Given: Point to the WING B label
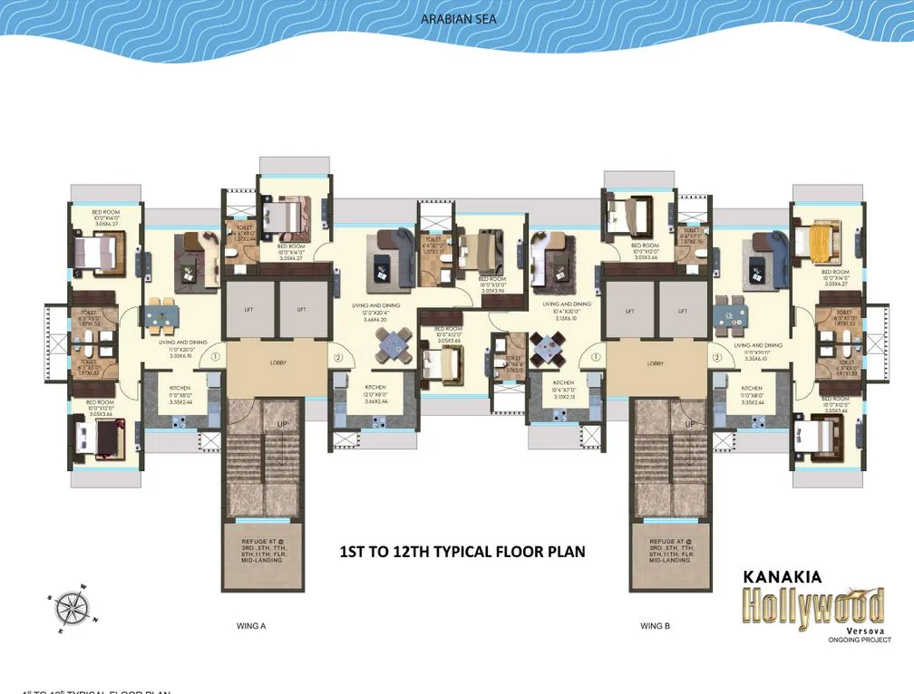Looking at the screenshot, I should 655,625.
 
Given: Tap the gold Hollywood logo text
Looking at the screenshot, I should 813,604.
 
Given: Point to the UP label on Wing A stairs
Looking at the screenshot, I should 283,424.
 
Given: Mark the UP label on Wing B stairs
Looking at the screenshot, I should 689,424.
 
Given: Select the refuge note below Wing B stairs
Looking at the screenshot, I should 672,549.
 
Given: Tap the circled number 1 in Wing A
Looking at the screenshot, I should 216,357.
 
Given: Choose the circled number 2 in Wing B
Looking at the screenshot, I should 716,357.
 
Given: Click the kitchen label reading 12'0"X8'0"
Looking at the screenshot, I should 375,394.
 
